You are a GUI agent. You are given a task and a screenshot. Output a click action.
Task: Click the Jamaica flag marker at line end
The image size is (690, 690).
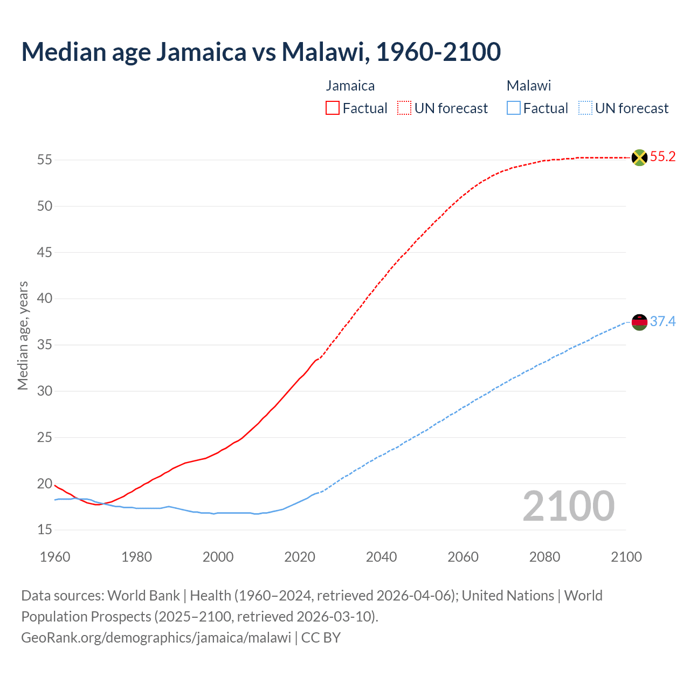pyautogui.click(x=639, y=157)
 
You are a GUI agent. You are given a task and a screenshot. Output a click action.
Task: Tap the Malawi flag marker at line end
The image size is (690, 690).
pyautogui.click(x=639, y=322)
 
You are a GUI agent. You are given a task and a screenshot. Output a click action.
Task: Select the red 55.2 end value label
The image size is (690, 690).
pyautogui.click(x=663, y=157)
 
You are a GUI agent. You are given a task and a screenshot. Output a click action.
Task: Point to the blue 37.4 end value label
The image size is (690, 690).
pyautogui.click(x=663, y=322)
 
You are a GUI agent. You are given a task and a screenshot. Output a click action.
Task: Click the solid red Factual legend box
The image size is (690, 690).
pyautogui.click(x=333, y=108)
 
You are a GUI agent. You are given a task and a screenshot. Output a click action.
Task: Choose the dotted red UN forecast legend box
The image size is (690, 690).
pyautogui.click(x=404, y=108)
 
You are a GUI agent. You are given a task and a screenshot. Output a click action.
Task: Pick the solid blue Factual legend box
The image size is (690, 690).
pyautogui.click(x=514, y=108)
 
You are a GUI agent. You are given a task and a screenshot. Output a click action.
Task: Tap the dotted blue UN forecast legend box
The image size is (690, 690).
pyautogui.click(x=585, y=108)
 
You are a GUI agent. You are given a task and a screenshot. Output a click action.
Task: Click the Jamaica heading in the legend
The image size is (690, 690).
pyautogui.click(x=350, y=86)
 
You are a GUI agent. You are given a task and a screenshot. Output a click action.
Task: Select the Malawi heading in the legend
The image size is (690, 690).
pyautogui.click(x=528, y=86)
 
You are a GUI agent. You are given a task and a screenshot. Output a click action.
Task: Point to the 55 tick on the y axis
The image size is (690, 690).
pyautogui.click(x=45, y=160)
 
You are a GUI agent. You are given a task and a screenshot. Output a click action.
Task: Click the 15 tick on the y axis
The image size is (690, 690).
pyautogui.click(x=45, y=530)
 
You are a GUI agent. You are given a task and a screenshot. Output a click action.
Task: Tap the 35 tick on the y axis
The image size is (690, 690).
pyautogui.click(x=45, y=345)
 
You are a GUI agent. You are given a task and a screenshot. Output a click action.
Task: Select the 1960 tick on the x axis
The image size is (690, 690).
pyautogui.click(x=55, y=557)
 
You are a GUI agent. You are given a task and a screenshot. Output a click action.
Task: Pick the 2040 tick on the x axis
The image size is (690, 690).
pyautogui.click(x=381, y=557)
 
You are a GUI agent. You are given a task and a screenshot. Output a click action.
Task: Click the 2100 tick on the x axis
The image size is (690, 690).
pyautogui.click(x=626, y=557)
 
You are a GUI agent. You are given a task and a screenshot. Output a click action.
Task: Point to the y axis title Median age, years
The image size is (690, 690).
pyautogui.click(x=23, y=335)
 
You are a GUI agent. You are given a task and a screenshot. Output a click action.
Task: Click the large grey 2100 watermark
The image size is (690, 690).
pyautogui.click(x=569, y=506)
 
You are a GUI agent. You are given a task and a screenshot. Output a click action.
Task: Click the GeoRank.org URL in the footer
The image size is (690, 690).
pyautogui.click(x=156, y=638)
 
